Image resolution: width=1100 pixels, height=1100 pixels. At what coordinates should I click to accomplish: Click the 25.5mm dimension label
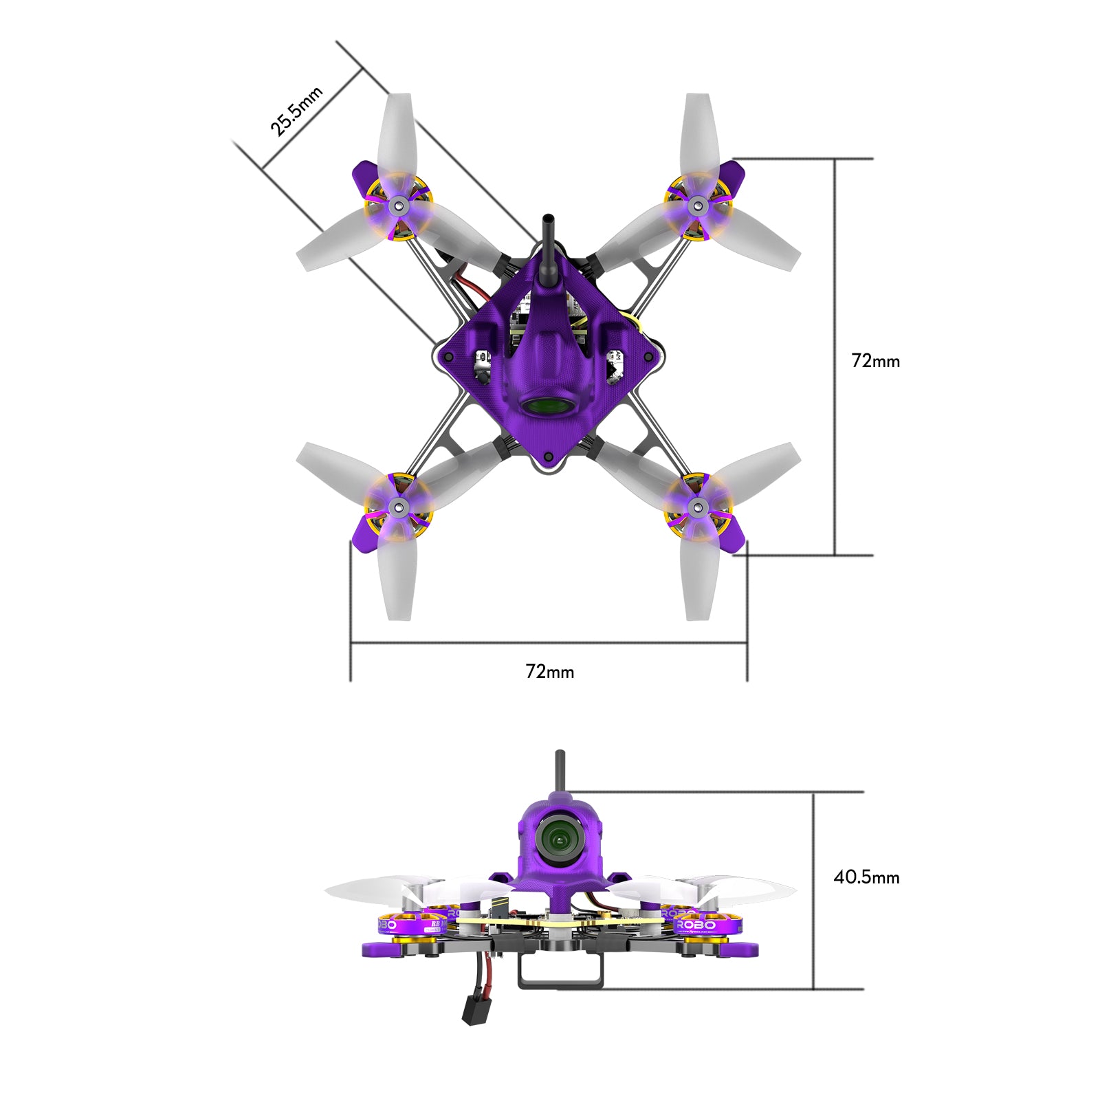coord(296,111)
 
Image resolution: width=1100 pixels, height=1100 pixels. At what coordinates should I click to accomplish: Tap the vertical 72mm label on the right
coord(875,361)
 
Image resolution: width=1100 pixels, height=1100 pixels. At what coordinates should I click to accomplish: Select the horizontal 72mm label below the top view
coord(549,672)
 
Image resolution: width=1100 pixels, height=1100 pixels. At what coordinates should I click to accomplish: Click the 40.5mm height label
coord(866,877)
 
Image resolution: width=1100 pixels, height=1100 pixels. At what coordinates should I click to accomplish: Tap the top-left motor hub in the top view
coord(398,205)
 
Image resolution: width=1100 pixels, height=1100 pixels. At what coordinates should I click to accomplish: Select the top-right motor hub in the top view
coord(697,205)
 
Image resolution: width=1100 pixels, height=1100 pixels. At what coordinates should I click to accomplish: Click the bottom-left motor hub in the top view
coord(398,508)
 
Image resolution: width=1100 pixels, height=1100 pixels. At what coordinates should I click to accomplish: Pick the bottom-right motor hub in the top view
coord(697,508)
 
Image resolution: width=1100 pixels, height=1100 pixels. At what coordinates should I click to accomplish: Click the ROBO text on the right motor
coord(696,925)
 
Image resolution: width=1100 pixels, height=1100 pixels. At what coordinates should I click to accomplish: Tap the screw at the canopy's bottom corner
coord(548,456)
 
